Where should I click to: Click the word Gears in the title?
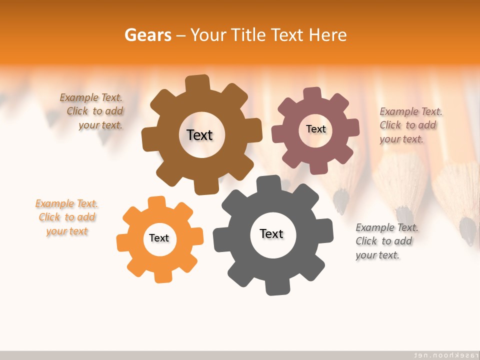[x=147, y=35]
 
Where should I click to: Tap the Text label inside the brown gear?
[x=199, y=135]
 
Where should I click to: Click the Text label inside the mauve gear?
[x=315, y=129]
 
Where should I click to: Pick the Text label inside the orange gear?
[x=159, y=238]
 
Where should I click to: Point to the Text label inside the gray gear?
[x=271, y=233]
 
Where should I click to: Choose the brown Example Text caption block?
[x=92, y=111]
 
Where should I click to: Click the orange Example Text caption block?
[x=67, y=217]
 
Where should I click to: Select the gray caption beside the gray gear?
[x=386, y=241]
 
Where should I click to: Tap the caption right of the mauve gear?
[x=410, y=125]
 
